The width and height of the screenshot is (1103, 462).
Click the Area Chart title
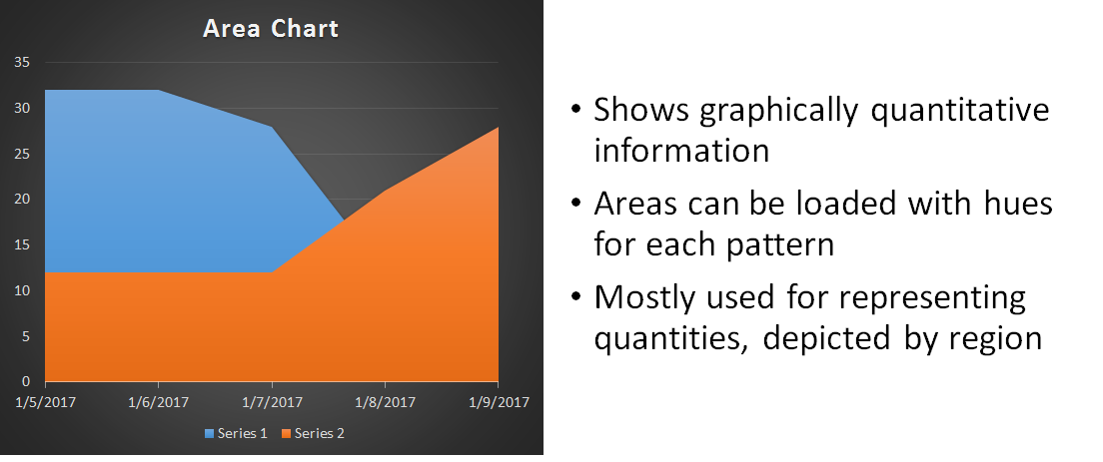tap(271, 29)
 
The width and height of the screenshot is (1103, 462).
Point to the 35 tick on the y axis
tap(22, 63)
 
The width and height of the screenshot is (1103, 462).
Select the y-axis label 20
tap(22, 200)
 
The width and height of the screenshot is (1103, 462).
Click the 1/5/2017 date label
tap(46, 402)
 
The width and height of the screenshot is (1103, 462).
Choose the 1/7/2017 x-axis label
tap(272, 402)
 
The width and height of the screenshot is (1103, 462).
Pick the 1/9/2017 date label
tap(499, 402)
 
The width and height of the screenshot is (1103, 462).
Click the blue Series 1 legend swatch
tap(209, 433)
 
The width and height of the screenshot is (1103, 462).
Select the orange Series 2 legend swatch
tap(287, 433)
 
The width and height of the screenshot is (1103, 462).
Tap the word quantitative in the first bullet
tap(959, 111)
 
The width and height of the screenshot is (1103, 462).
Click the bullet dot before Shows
tap(576, 110)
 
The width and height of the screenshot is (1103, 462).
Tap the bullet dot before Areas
tap(576, 204)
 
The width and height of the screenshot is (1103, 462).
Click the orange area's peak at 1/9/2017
tap(499, 127)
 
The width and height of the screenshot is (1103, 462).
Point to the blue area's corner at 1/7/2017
tap(272, 127)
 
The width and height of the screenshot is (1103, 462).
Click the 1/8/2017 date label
tap(386, 402)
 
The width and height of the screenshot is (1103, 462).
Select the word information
tap(681, 151)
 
